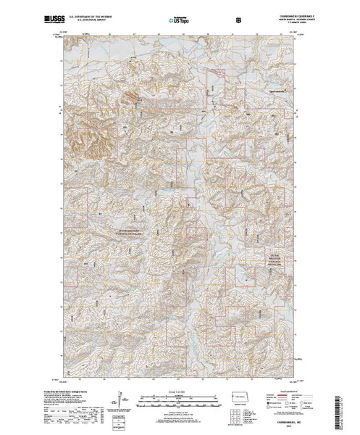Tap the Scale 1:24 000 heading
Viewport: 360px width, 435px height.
[x=180, y=391]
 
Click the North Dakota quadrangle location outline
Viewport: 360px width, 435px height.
[x=240, y=399]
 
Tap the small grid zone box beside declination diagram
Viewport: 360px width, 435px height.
[x=128, y=418]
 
